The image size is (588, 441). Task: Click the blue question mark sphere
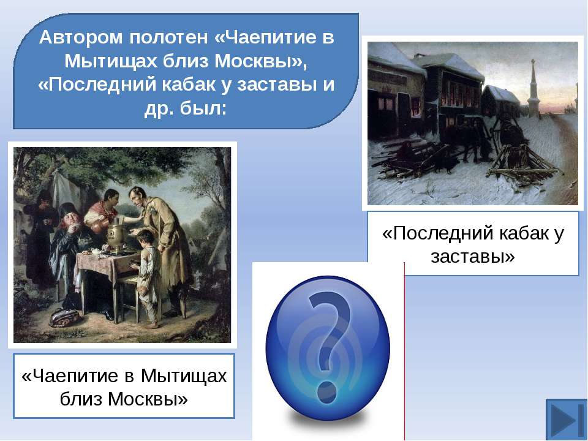328,348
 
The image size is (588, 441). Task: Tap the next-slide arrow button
566,420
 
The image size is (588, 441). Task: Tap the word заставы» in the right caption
473,257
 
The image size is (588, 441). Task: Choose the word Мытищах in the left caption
184,375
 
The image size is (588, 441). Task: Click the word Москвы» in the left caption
148,399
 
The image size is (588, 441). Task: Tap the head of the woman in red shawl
111,198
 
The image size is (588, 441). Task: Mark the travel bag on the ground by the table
66,317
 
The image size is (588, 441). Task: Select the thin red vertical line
404,350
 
